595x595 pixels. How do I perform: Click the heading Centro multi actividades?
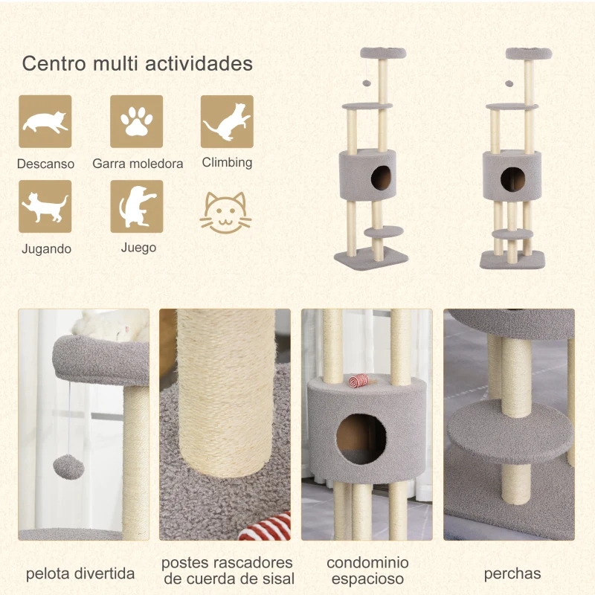coord(137,63)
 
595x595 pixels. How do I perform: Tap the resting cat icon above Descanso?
coord(45,121)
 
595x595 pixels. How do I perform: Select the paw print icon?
coord(136,121)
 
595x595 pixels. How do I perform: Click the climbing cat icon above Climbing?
coord(227,121)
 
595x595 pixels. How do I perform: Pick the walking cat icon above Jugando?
coord(45,206)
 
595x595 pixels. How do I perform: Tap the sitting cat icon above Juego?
coord(136,206)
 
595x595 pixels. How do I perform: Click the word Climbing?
coord(227,162)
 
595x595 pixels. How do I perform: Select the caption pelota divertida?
coord(80,573)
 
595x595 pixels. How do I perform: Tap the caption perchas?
coord(512,573)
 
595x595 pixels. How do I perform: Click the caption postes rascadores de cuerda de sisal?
coord(228,570)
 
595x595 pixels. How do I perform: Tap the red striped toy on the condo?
coord(360,382)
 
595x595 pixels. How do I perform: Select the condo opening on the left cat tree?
coord(382,178)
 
